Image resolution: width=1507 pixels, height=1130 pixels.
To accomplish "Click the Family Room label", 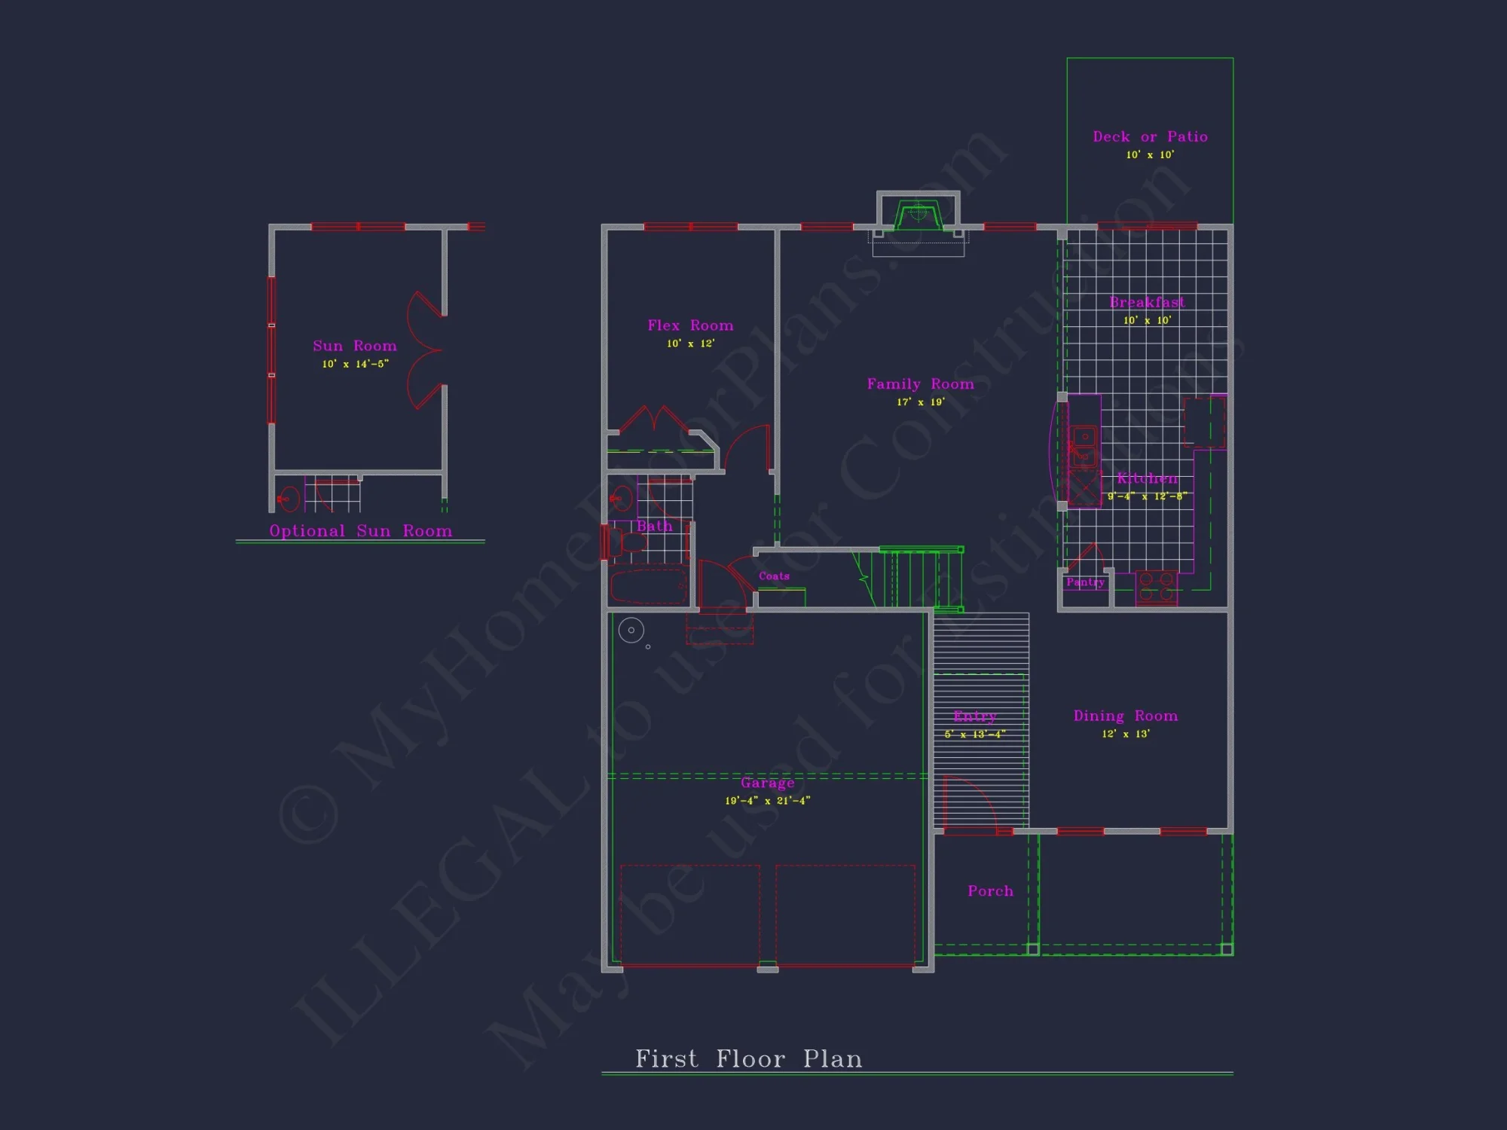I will (920, 384).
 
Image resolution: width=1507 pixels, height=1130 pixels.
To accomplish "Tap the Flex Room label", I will (690, 325).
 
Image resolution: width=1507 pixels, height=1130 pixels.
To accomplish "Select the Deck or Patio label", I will (1150, 137).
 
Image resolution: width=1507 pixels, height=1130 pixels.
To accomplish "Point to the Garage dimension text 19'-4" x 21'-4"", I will (767, 801).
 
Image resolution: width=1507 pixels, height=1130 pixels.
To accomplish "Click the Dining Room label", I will (1125, 716).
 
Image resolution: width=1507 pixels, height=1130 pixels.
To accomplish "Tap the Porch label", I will (990, 891).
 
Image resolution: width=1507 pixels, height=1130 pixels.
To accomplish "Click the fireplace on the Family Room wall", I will (918, 215).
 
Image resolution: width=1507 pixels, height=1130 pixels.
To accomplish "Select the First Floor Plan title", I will (748, 1059).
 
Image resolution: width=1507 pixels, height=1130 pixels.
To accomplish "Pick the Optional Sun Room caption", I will (360, 531).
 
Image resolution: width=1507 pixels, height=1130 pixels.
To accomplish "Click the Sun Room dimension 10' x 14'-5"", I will (355, 364).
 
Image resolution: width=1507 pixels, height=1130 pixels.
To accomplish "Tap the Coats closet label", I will (774, 576).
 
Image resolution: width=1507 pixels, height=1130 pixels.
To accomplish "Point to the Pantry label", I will (1085, 582).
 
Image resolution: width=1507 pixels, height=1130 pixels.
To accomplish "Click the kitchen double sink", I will (1084, 447).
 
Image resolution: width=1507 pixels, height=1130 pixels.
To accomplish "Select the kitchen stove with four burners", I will (1157, 587).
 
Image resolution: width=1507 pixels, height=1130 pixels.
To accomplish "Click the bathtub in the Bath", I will (648, 587).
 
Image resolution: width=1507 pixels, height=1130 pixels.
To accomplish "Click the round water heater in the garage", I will (631, 630).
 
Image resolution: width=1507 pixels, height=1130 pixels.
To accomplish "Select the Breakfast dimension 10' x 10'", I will (1147, 321).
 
